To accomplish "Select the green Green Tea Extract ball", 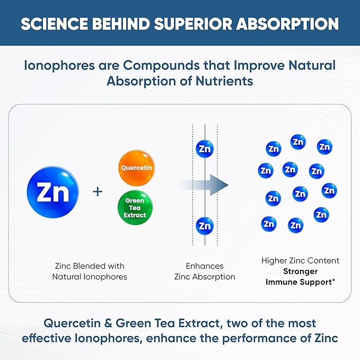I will tap(135, 208).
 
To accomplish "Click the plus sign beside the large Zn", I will tap(98, 191).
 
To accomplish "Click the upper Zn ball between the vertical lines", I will tap(204, 149).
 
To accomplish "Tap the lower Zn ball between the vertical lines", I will tap(204, 225).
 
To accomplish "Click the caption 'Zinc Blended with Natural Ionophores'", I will tap(89, 271).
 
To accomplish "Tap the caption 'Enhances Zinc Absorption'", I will tap(205, 271).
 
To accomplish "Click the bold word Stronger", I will tap(300, 271).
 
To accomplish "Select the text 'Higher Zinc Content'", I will tap(300, 261).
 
